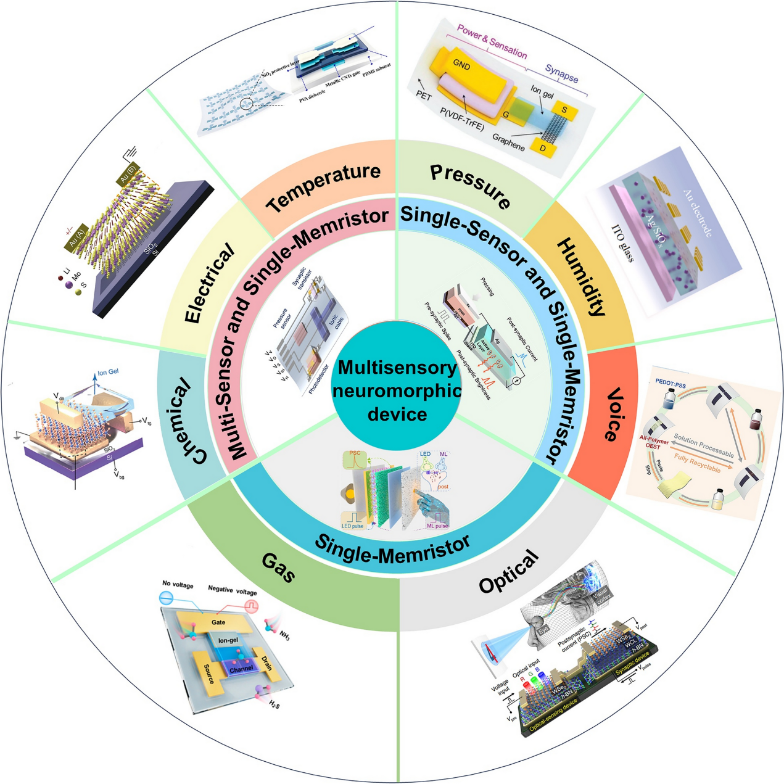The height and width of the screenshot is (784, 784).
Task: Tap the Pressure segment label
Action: tap(470, 186)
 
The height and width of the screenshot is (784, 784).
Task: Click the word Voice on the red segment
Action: tap(613, 415)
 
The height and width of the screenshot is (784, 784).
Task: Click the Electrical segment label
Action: tap(210, 283)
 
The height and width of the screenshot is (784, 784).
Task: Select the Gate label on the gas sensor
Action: tap(218, 622)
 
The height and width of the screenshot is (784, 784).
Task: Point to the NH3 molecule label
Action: tap(284, 635)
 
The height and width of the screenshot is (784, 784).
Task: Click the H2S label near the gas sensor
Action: tap(274, 704)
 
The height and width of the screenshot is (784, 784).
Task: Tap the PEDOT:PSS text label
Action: tap(671, 386)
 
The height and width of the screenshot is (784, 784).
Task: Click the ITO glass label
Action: tap(622, 243)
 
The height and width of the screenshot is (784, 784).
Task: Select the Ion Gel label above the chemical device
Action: tap(108, 372)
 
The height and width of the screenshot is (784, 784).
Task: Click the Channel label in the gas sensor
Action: tap(241, 669)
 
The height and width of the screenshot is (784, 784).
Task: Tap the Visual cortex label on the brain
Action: tap(602, 595)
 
